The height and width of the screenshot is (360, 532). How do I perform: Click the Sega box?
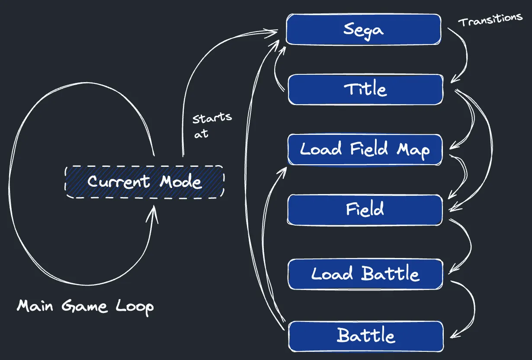point(363,29)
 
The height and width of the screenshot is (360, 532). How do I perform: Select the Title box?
point(365,89)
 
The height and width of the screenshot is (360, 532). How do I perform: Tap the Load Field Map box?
point(365,150)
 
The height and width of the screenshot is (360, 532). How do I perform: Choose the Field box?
point(365,210)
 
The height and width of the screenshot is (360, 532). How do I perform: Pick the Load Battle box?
point(365,274)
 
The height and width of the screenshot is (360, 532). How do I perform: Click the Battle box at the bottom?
point(366,336)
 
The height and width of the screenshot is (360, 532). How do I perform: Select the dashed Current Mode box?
point(144,182)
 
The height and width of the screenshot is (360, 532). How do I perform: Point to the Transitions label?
point(490,19)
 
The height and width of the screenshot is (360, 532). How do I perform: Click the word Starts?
point(212,118)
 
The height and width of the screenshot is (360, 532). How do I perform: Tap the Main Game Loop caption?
point(85,306)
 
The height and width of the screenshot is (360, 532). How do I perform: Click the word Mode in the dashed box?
point(181,182)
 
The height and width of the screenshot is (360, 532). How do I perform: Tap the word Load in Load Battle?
point(332,274)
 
